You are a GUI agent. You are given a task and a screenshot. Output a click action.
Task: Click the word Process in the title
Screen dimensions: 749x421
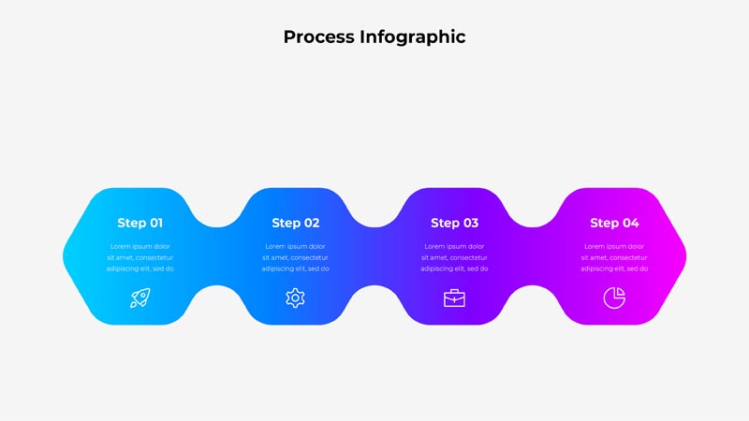click(319, 36)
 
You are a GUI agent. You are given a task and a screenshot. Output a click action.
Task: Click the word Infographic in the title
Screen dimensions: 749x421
click(413, 37)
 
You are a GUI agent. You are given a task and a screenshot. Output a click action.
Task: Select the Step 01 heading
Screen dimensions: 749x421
click(140, 223)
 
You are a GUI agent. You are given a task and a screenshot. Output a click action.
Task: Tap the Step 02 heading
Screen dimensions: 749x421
click(295, 223)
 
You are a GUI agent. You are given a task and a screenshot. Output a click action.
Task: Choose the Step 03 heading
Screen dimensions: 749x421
click(454, 223)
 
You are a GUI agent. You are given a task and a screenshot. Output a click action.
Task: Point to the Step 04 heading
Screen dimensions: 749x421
click(614, 223)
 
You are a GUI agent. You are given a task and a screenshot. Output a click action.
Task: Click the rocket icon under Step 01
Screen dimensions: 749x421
click(140, 298)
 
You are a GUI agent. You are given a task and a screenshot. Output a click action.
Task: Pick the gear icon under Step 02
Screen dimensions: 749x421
click(295, 298)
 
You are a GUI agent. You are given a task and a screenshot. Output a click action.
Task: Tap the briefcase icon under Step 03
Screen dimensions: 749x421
click(454, 298)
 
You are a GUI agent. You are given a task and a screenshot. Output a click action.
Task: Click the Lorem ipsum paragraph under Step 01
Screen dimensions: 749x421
click(140, 258)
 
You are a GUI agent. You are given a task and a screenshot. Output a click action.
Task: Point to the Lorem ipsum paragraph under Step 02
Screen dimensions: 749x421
click(295, 258)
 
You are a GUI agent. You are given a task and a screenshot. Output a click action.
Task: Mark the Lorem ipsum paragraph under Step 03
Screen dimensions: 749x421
click(454, 258)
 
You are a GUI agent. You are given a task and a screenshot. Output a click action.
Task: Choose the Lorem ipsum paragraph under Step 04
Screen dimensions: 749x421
click(614, 258)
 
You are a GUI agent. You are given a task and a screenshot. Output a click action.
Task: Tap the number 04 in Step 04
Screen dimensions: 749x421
click(631, 223)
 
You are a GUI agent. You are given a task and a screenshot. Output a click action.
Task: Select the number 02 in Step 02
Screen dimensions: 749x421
click(312, 223)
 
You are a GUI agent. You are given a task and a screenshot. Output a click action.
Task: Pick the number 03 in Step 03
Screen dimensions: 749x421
click(471, 223)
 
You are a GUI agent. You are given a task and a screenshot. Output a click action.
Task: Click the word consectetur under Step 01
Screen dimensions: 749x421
click(154, 258)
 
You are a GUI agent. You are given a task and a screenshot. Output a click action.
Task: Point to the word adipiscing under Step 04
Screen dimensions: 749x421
click(596, 269)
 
